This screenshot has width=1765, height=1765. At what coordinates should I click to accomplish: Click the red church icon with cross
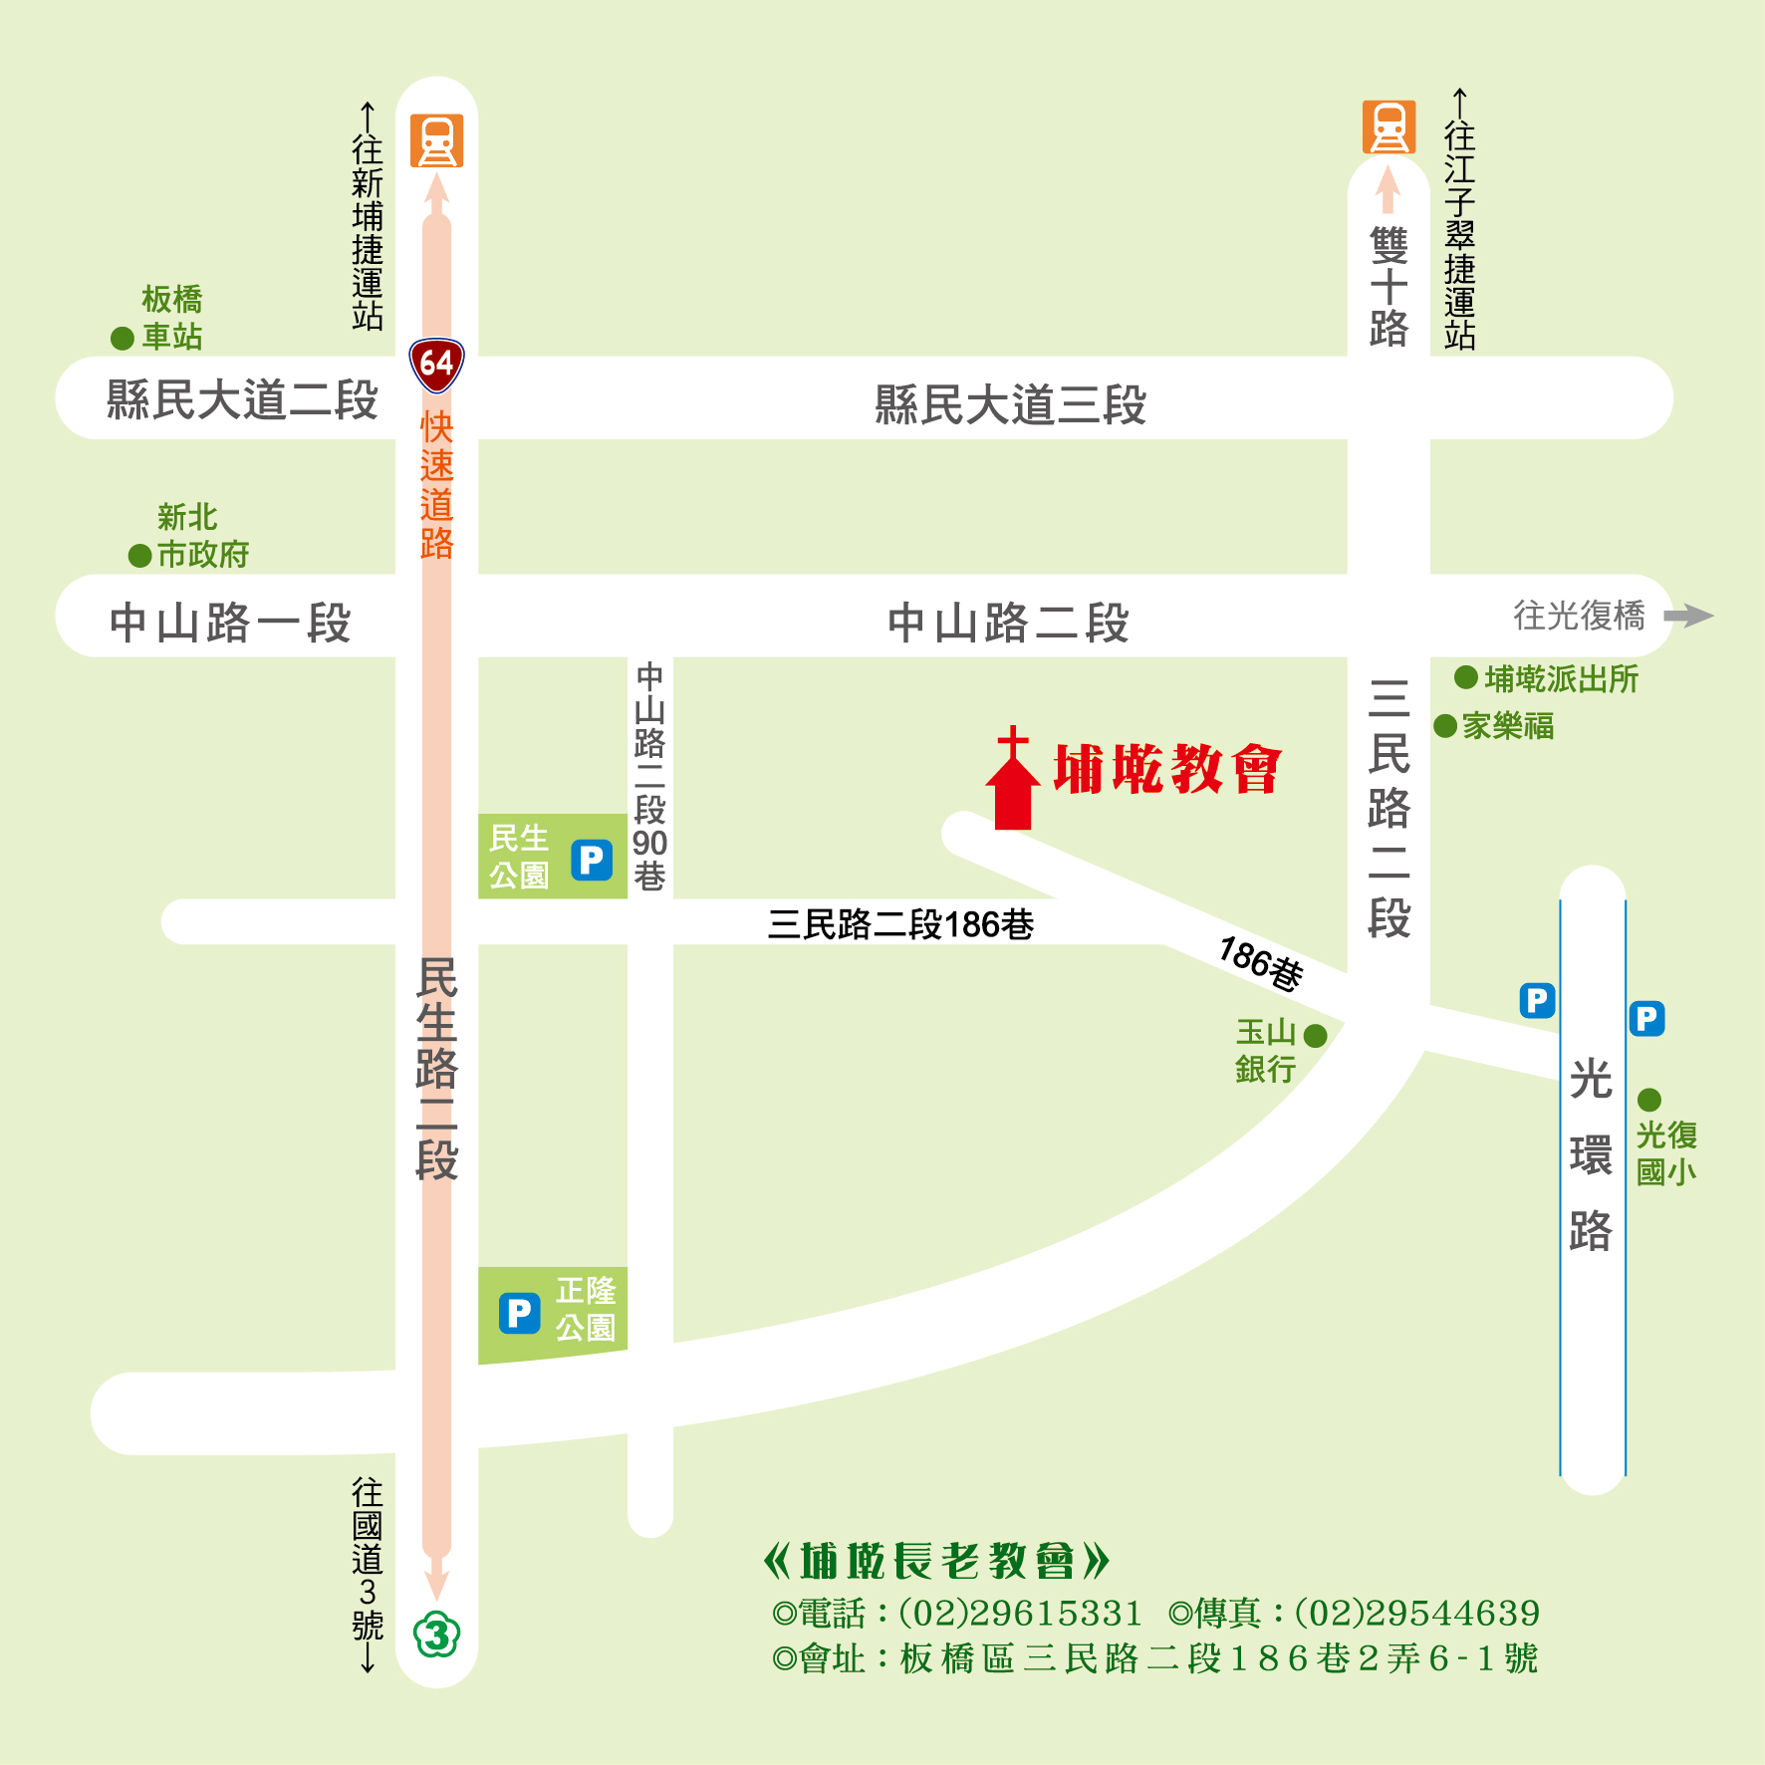coord(1013,782)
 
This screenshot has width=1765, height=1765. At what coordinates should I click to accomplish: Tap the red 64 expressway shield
coord(436,365)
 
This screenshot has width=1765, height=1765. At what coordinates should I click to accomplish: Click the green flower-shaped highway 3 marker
coord(436,1635)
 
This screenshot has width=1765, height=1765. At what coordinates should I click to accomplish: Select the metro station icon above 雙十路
coord(1388,127)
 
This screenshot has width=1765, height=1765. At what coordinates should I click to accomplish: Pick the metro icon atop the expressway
coord(436,140)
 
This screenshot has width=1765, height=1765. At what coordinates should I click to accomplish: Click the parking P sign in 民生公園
coord(592,859)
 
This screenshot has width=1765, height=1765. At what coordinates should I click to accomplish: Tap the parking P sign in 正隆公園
coord(519,1313)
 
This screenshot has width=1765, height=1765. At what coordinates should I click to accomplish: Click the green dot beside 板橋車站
coord(123,339)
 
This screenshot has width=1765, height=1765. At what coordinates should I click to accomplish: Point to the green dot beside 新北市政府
coord(140,556)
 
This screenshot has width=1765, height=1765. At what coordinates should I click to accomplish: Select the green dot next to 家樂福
coord(1445,726)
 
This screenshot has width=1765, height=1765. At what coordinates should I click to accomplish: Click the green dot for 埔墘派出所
coord(1466,678)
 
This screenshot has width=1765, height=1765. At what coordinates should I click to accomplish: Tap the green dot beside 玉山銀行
coord(1315,1036)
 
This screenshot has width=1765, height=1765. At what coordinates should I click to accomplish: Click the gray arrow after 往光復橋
coord(1688,616)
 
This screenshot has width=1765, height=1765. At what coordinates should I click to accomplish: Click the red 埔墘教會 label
coord(1167,769)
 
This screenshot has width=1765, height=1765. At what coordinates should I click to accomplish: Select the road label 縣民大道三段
coord(1010,405)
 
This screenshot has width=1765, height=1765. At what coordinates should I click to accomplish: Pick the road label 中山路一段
coord(230,624)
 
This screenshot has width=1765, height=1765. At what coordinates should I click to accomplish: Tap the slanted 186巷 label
coord(1261,963)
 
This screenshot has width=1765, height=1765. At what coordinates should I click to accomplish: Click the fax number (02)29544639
coord(1416,1613)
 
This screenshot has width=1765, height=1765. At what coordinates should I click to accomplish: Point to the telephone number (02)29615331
coord(1020,1613)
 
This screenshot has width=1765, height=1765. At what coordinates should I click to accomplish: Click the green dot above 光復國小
coord(1649,1100)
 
